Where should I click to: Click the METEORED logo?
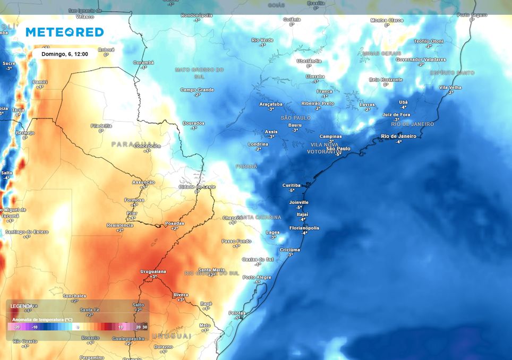click(64, 32)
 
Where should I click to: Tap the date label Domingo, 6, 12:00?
click(64, 54)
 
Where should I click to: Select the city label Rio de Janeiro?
click(398, 136)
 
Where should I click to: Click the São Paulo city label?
click(338, 149)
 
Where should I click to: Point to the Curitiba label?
click(291, 185)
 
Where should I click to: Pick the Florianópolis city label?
click(304, 228)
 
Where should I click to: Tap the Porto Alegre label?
click(257, 277)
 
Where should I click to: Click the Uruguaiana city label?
click(153, 271)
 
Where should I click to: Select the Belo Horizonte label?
click(386, 80)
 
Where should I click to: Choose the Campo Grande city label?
click(197, 90)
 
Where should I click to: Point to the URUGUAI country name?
click(171, 336)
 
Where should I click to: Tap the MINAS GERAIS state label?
click(381, 54)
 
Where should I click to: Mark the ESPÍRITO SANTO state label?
click(452, 72)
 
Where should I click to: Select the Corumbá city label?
click(143, 62)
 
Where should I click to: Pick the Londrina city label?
click(258, 144)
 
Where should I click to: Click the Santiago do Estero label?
click(27, 232)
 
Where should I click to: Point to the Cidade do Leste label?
click(197, 187)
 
